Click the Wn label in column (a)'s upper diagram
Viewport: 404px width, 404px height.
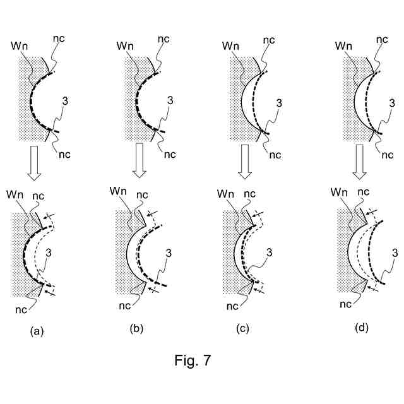(19, 46)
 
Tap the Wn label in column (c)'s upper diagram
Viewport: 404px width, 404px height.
(231, 46)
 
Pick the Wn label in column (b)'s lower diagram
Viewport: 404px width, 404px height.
(118, 191)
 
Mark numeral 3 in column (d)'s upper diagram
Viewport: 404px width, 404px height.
(392, 101)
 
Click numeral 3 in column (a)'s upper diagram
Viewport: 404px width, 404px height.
(65, 100)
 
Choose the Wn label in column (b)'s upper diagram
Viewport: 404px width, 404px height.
(125, 46)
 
